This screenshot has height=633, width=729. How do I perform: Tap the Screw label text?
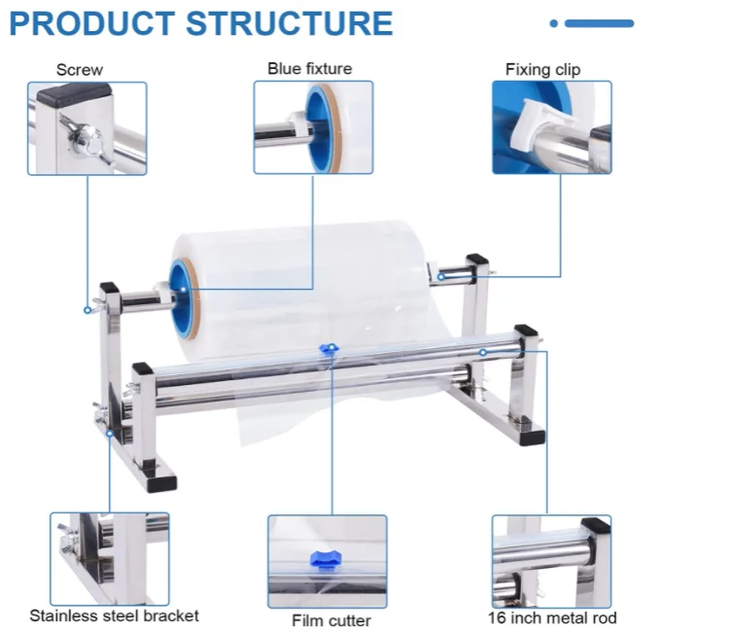pyautogui.click(x=80, y=69)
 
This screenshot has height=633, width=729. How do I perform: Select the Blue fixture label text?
pyautogui.click(x=310, y=68)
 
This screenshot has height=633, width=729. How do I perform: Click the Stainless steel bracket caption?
pyautogui.click(x=114, y=615)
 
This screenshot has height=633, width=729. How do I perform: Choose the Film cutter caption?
pyautogui.click(x=331, y=620)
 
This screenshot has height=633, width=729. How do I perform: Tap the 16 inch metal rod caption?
pyautogui.click(x=552, y=617)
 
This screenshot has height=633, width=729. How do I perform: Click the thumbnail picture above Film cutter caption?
pyautogui.click(x=328, y=561)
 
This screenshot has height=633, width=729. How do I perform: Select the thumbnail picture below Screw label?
pyautogui.click(x=87, y=128)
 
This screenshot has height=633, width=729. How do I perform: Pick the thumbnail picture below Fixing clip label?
pyautogui.click(x=552, y=127)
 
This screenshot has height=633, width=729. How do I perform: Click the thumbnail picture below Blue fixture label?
pyautogui.click(x=313, y=127)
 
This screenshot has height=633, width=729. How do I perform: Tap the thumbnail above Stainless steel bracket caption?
pyautogui.click(x=110, y=559)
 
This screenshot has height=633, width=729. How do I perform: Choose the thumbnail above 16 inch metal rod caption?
pyautogui.click(x=551, y=561)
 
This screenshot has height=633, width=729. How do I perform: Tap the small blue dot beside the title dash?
pyautogui.click(x=554, y=23)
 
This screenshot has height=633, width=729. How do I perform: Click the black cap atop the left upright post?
pyautogui.click(x=109, y=289)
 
